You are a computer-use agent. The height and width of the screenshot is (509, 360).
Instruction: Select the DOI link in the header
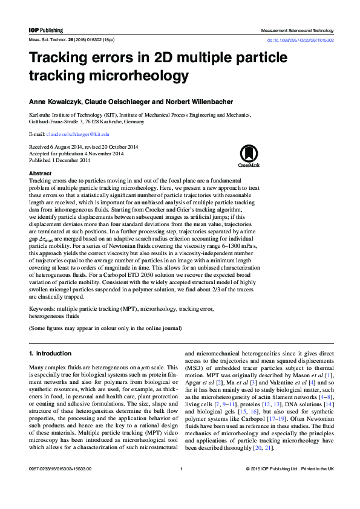pyautogui.click(x=300, y=40)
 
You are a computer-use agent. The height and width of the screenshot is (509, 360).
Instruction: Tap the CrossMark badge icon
pyautogui.click(x=248, y=155)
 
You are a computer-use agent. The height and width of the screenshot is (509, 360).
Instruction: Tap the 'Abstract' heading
pyautogui.click(x=41, y=173)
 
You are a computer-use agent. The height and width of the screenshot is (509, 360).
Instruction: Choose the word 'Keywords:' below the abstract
pyautogui.click(x=42, y=309)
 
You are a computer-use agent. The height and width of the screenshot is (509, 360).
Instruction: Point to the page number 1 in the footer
pyautogui.click(x=181, y=486)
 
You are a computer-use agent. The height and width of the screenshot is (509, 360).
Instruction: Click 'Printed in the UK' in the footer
pyautogui.click(x=318, y=486)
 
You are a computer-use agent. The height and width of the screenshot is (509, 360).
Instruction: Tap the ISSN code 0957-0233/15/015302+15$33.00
pyautogui.click(x=59, y=486)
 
